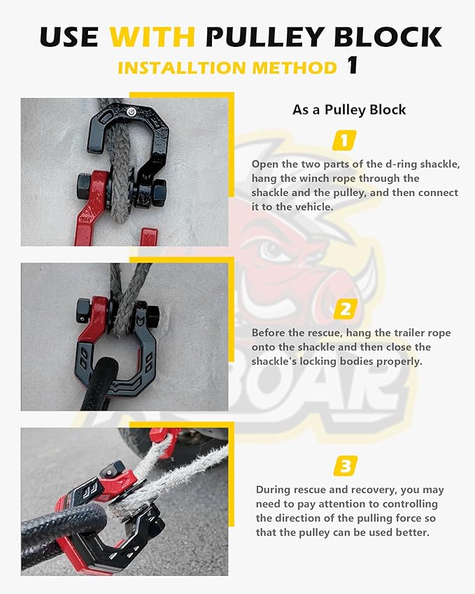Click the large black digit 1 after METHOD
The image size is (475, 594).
pyautogui.click(x=353, y=66)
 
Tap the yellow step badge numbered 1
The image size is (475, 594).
pyautogui.click(x=343, y=140)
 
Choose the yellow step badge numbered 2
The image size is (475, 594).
pyautogui.click(x=345, y=308)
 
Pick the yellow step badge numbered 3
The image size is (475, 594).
pyautogui.click(x=345, y=465)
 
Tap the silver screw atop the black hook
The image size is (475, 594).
pyautogui.click(x=132, y=110)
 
